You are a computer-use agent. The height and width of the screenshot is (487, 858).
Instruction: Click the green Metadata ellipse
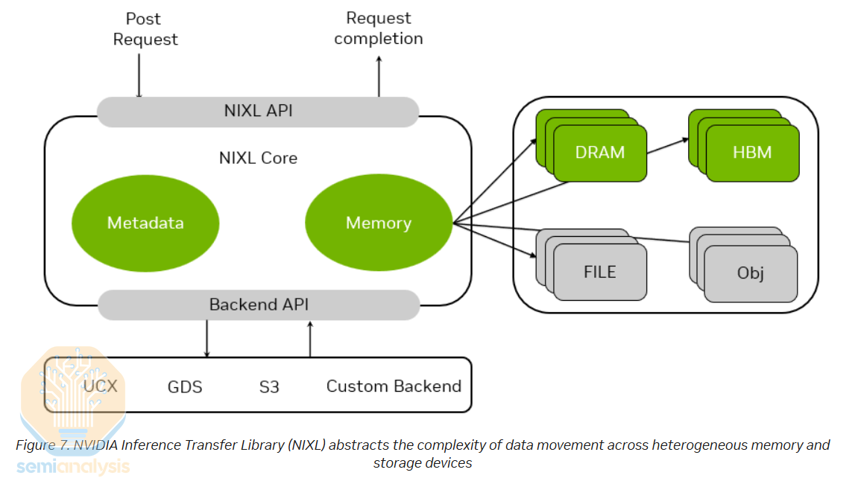tap(145, 223)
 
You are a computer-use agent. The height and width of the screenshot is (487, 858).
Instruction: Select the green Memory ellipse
tap(379, 223)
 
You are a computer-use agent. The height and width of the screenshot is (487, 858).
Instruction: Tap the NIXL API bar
tap(258, 111)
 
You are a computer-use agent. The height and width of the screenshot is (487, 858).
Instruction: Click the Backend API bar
tap(258, 305)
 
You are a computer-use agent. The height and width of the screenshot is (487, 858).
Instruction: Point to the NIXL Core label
tap(258, 158)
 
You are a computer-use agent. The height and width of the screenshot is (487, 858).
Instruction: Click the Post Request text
tap(145, 29)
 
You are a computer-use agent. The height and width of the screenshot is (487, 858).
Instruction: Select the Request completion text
tap(379, 28)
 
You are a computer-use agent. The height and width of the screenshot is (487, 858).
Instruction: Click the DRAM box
tap(600, 153)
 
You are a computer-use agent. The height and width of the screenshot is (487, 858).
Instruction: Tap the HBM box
tap(752, 153)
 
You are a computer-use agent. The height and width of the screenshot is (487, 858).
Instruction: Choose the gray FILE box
tap(600, 272)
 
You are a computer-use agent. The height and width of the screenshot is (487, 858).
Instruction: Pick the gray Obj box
tap(751, 273)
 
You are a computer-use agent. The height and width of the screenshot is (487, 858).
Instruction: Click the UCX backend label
tap(101, 386)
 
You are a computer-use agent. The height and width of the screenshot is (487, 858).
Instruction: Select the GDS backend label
tap(185, 386)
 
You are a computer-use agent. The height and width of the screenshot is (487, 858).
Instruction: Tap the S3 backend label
tap(269, 386)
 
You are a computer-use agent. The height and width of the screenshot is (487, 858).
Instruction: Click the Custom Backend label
tap(394, 386)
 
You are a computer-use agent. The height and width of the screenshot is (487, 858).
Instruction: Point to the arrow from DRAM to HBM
tap(668, 146)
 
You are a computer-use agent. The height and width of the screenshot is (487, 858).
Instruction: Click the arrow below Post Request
tap(139, 74)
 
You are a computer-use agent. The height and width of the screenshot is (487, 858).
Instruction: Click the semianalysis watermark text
tap(73, 467)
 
